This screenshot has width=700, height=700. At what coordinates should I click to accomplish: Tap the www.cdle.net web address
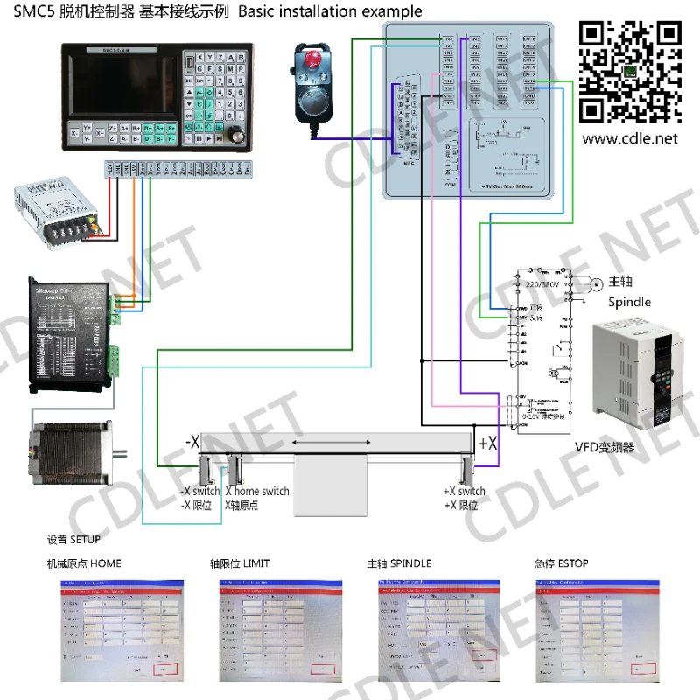(x=630, y=138)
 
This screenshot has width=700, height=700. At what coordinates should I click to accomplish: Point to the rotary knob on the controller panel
(x=234, y=136)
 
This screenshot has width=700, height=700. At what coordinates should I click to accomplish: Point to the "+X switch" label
(x=464, y=492)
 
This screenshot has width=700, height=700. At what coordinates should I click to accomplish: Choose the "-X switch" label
(x=200, y=492)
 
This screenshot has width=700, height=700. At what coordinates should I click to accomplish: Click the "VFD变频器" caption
(x=605, y=448)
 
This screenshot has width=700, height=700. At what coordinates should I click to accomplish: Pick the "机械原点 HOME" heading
(x=84, y=563)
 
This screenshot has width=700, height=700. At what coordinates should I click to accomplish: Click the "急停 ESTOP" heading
(x=561, y=563)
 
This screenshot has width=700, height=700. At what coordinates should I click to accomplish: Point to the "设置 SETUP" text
(x=73, y=539)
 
